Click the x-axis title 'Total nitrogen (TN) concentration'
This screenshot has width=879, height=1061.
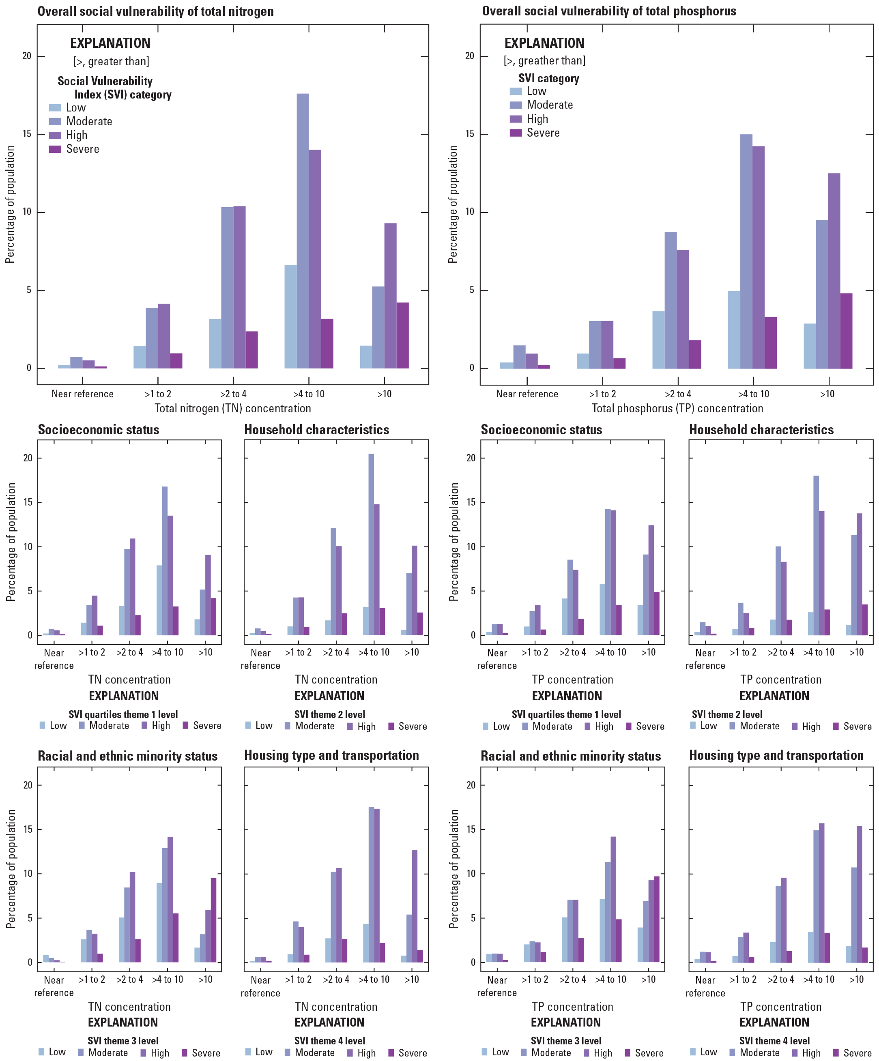pos(232,408)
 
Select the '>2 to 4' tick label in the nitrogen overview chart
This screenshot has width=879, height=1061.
pos(233,394)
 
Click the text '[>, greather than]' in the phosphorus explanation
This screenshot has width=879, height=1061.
pos(544,61)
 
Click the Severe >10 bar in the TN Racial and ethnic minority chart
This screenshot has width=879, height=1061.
pos(213,920)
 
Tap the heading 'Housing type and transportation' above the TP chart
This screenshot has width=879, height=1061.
pos(776,755)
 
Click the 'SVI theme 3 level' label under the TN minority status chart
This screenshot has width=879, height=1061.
pos(123,1040)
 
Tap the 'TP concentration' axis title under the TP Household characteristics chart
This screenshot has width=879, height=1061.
pos(780,679)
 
